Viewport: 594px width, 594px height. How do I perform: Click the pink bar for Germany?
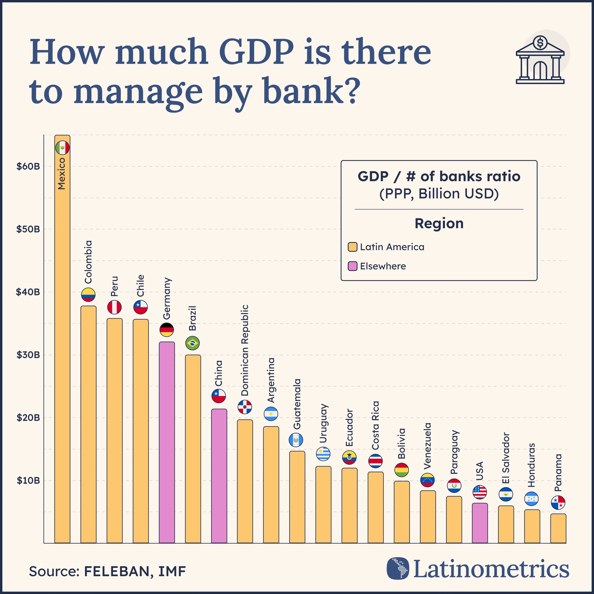pyautogui.click(x=167, y=443)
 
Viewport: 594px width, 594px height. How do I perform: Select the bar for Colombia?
pyautogui.click(x=88, y=424)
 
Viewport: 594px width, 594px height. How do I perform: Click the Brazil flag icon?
pyautogui.click(x=192, y=343)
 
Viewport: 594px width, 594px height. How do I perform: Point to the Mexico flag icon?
pyautogui.click(x=62, y=148)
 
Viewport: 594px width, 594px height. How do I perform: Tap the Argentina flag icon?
pyautogui.click(x=271, y=414)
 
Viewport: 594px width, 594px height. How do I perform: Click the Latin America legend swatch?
pyautogui.click(x=352, y=247)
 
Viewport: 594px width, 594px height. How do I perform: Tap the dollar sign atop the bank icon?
pyautogui.click(x=540, y=42)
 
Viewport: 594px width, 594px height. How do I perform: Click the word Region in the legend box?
pyautogui.click(x=439, y=224)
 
